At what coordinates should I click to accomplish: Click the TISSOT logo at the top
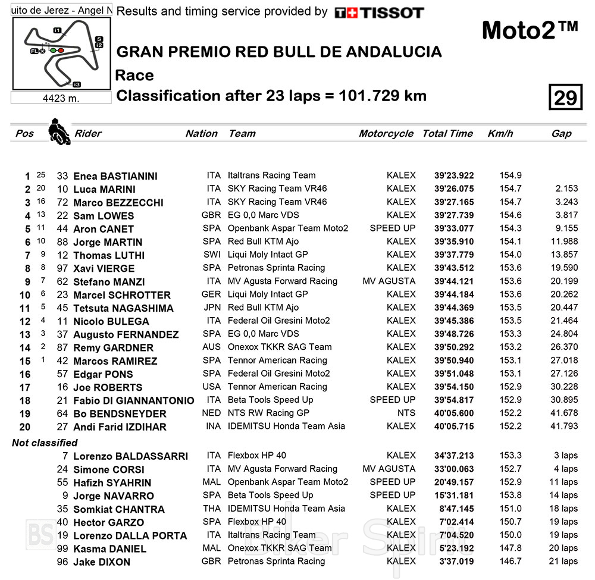(379, 12)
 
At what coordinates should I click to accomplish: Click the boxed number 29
(565, 97)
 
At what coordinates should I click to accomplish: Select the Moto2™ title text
(529, 30)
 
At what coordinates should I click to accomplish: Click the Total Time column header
(447, 134)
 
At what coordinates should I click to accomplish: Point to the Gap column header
(561, 134)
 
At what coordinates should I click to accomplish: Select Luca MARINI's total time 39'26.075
(454, 189)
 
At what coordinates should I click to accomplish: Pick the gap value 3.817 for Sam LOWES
(565, 215)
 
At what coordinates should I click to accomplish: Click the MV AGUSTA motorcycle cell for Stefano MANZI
(389, 281)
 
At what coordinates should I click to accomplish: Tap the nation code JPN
(214, 308)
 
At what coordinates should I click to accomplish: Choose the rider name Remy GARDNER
(113, 347)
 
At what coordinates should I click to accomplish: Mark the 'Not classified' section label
(45, 443)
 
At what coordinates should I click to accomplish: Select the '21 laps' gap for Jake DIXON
(565, 561)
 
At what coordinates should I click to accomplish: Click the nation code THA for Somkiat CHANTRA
(214, 509)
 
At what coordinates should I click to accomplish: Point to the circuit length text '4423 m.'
(61, 98)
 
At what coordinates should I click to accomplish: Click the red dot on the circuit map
(61, 51)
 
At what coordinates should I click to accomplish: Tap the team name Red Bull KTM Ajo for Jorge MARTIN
(263, 242)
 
